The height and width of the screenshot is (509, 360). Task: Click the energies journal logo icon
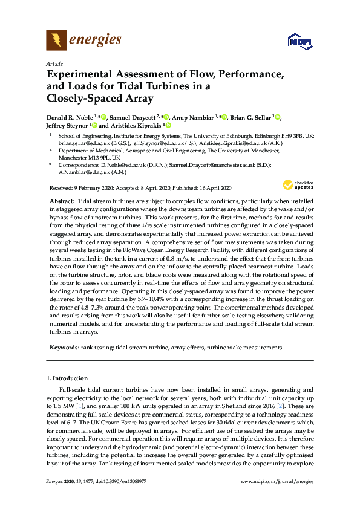[x=56, y=41]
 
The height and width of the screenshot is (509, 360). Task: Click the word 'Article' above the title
[x=54, y=63]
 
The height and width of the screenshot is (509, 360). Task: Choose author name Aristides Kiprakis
[x=136, y=126]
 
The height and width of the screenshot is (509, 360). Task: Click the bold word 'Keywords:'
[x=64, y=348]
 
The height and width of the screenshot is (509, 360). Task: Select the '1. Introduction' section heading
[x=68, y=378]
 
